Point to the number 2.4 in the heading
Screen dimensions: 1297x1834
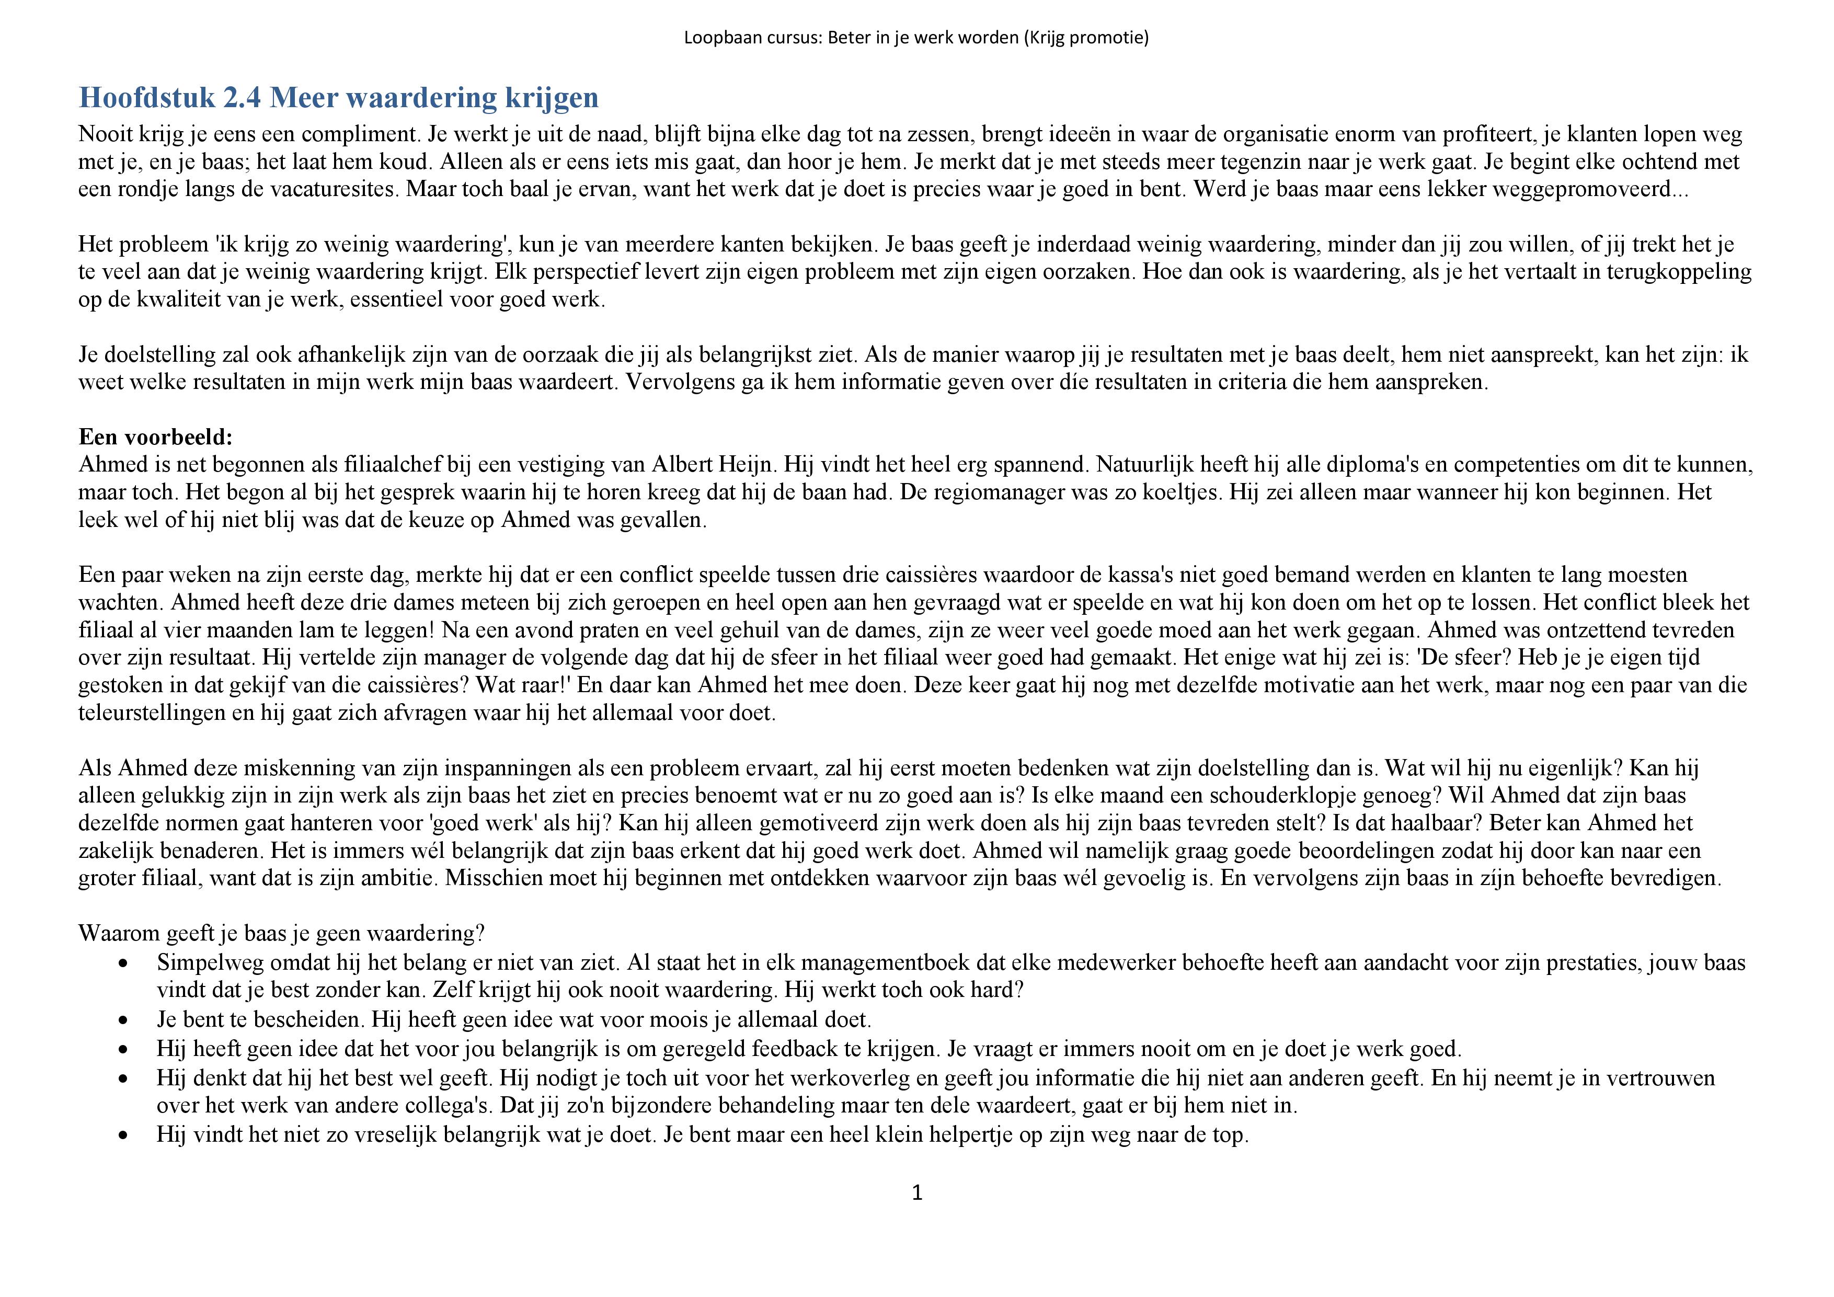coord(242,97)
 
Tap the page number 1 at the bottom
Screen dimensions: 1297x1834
coord(917,1193)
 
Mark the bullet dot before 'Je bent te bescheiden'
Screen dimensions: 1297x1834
coord(122,1020)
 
